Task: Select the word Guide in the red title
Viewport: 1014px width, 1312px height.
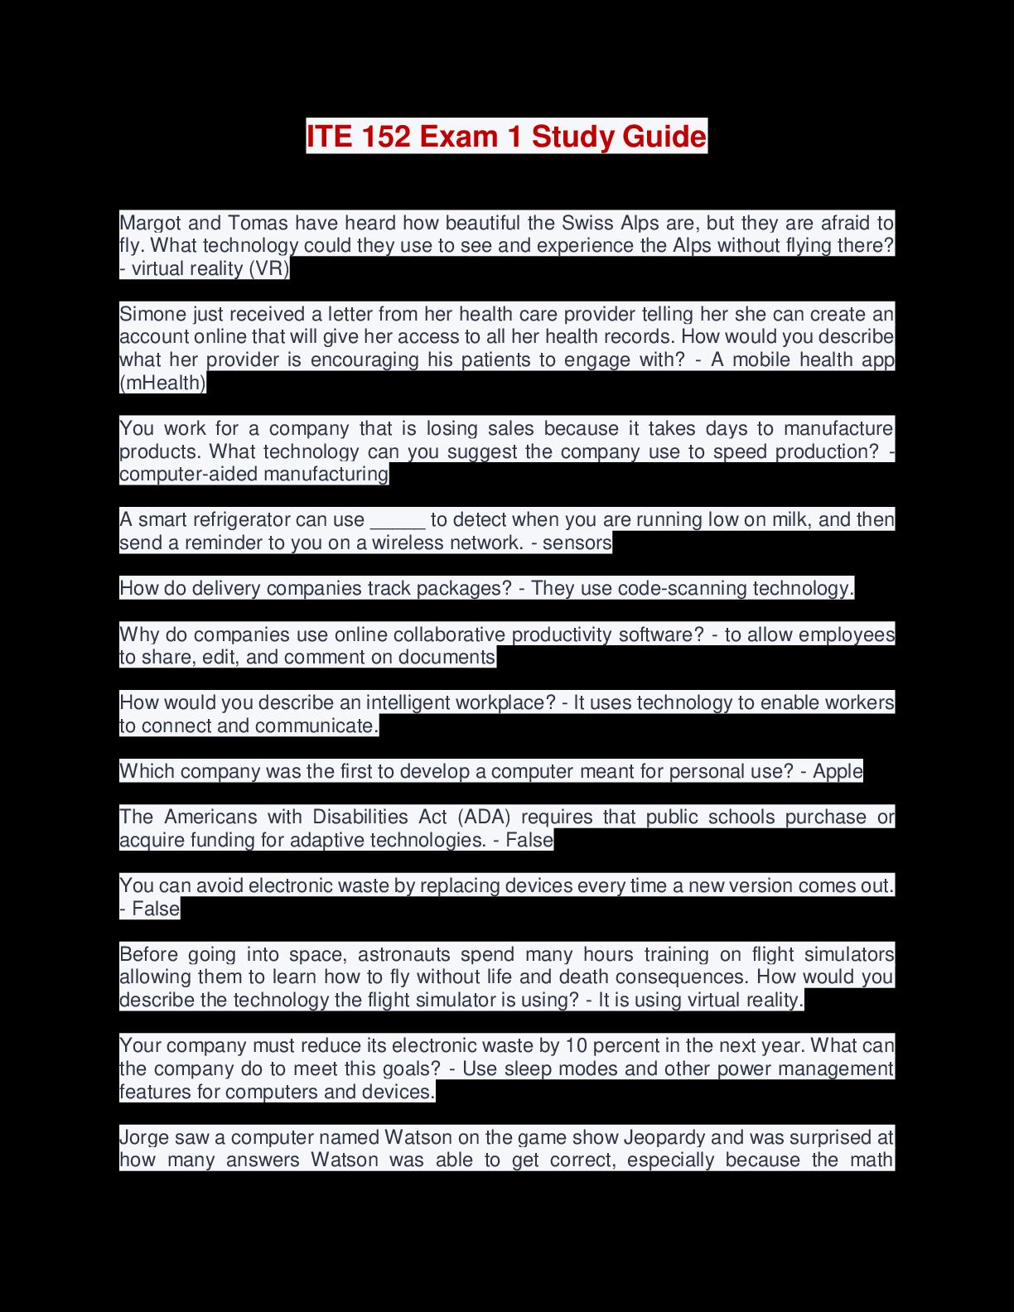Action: (663, 136)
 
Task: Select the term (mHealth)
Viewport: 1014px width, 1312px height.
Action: (162, 383)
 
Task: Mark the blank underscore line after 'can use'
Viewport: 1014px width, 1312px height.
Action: (398, 520)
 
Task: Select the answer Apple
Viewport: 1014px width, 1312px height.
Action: (838, 771)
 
